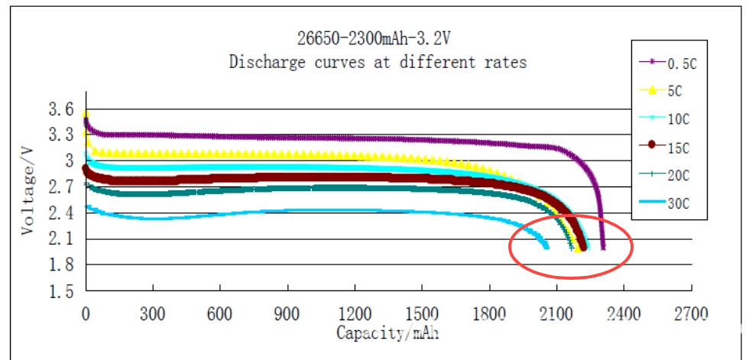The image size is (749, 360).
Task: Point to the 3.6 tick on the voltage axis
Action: coord(63,110)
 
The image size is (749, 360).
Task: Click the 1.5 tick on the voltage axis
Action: coord(63,292)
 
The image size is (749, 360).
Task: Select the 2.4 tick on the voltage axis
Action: coord(63,213)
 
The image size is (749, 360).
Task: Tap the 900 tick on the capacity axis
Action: coord(287,313)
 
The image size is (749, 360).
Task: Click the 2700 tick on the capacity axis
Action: coord(691,313)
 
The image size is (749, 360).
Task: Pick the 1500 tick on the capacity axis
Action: coord(422,313)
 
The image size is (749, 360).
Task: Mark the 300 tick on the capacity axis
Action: coord(153,313)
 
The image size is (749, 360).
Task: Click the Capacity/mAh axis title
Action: coord(387,333)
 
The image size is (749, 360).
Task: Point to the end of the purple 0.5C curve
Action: coord(603,248)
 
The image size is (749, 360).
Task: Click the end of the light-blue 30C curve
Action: coord(546,246)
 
